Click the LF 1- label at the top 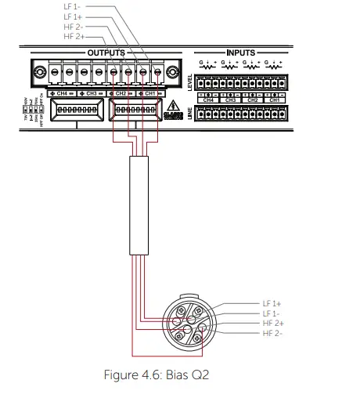(72, 6)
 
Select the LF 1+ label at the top (72, 16)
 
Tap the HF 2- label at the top (72, 27)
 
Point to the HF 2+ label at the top (72, 37)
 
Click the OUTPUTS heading (106, 53)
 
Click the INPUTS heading (240, 53)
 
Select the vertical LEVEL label (190, 82)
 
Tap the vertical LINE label (190, 114)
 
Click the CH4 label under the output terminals (63, 93)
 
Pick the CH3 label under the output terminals (91, 93)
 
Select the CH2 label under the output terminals (121, 93)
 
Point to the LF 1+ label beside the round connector (272, 302)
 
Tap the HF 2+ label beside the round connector (272, 323)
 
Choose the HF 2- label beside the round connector (272, 333)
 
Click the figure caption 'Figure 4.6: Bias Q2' (156, 375)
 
